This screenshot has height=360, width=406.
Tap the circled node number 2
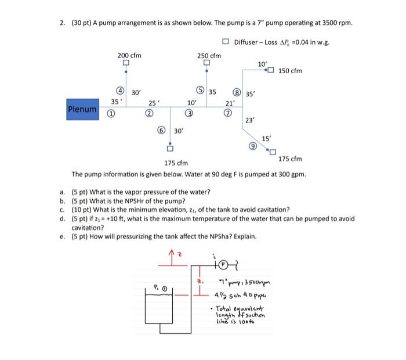[x=149, y=113]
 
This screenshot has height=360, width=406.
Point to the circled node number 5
[x=200, y=91]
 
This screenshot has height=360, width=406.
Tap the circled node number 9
[x=251, y=147]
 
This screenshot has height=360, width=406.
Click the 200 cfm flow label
[x=129, y=56]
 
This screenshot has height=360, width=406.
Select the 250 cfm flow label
[x=209, y=56]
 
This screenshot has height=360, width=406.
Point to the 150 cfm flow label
[x=290, y=71]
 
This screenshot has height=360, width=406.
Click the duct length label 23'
[x=250, y=120]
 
